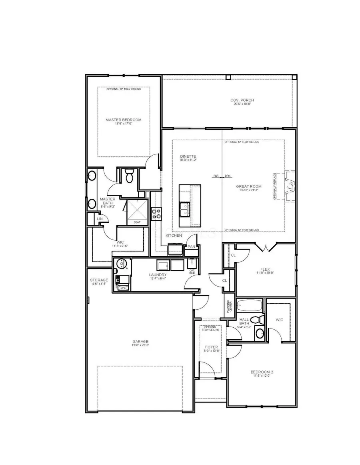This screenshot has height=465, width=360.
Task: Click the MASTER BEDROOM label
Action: (x=123, y=120)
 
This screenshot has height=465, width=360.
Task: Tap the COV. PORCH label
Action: (x=242, y=100)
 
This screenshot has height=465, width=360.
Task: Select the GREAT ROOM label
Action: (x=248, y=186)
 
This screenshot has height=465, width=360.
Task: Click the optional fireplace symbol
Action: (x=290, y=185)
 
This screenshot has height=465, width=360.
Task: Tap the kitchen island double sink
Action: (x=185, y=209)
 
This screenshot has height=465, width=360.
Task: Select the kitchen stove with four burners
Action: (x=156, y=214)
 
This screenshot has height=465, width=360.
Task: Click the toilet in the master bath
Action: (x=129, y=175)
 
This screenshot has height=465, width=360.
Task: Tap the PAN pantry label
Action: (x=192, y=247)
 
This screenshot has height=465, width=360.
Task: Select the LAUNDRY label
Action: (x=158, y=275)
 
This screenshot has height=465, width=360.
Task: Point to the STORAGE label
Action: (x=99, y=280)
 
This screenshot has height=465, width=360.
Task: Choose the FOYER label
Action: (x=211, y=347)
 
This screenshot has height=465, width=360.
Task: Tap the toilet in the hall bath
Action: (x=261, y=320)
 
